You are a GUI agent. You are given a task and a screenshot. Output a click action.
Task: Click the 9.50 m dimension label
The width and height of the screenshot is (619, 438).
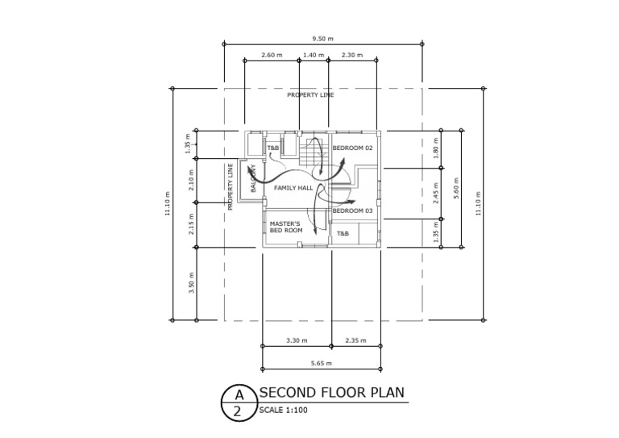tap(322, 38)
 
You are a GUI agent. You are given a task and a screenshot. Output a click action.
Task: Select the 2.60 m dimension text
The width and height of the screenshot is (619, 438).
tap(272, 55)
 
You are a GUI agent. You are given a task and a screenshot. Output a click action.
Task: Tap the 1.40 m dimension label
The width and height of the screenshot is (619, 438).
tap(314, 55)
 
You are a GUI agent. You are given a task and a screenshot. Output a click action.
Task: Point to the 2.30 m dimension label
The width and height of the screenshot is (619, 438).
tap(351, 55)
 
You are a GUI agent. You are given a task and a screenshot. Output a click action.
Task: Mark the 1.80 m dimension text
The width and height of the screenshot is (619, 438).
tap(435, 149)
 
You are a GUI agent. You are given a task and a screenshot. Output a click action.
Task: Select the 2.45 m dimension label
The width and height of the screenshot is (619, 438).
tap(435, 194)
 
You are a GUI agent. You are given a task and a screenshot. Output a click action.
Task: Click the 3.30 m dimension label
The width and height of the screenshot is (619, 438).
tap(297, 340)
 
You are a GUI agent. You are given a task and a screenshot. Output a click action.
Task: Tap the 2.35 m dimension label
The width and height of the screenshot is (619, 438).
tap(355, 340)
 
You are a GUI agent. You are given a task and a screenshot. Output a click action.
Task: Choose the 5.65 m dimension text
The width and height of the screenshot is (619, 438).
tap(322, 364)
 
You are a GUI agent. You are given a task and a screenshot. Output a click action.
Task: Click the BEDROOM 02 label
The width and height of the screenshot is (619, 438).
tap(353, 148)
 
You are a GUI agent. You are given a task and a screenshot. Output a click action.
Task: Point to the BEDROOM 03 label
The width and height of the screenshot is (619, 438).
tap(353, 211)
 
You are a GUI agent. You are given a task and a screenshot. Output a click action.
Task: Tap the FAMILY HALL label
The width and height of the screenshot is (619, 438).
tap(293, 188)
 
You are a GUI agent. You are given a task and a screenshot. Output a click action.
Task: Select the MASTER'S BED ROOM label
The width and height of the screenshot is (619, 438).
tap(285, 227)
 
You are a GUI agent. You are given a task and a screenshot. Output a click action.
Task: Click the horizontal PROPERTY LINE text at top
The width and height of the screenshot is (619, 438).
tap(310, 95)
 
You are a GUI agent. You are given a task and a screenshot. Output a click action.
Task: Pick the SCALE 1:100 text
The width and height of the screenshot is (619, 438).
tap(283, 410)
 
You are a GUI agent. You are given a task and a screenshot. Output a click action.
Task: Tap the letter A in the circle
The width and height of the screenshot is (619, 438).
tap(238, 394)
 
